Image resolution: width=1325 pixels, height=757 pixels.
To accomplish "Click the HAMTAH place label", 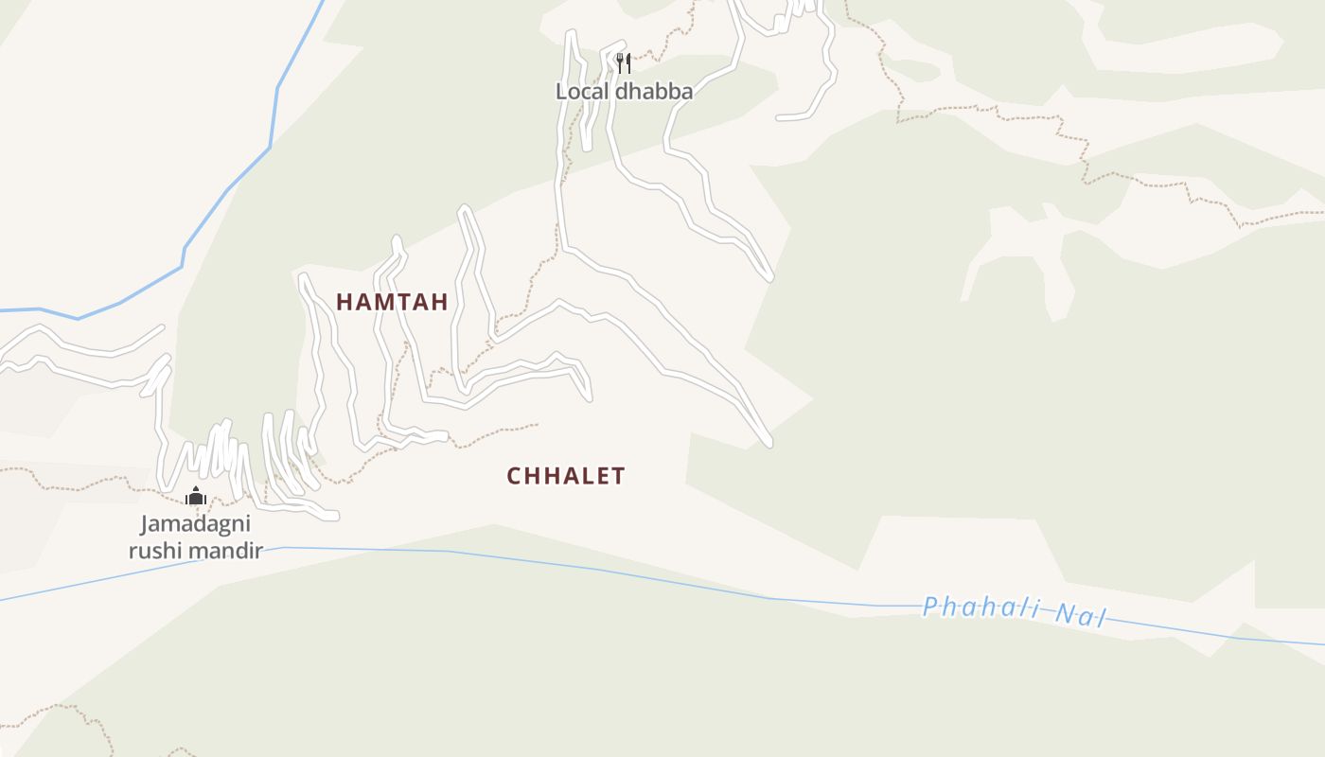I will (392, 302).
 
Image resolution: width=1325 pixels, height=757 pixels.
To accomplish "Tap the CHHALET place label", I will (566, 476).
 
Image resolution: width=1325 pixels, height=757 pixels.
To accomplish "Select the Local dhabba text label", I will (624, 92).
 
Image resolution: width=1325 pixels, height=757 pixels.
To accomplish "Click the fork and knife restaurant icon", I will (623, 63).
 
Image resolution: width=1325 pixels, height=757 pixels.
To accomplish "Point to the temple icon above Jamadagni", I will (196, 495).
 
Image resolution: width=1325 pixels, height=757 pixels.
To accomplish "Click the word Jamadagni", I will (196, 524).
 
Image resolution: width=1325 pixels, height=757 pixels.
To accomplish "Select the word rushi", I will (157, 550).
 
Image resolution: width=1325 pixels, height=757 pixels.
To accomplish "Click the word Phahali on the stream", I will (981, 608).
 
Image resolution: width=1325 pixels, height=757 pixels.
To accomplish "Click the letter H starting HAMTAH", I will (344, 302).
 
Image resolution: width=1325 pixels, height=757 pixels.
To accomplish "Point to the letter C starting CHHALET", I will (514, 476).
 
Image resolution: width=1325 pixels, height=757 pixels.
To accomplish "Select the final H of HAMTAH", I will (440, 302).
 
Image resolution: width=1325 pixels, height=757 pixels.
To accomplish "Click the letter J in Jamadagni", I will (146, 524).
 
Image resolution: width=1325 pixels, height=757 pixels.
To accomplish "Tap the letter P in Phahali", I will (930, 605).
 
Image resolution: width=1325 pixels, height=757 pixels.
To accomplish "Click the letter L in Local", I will (561, 92).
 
